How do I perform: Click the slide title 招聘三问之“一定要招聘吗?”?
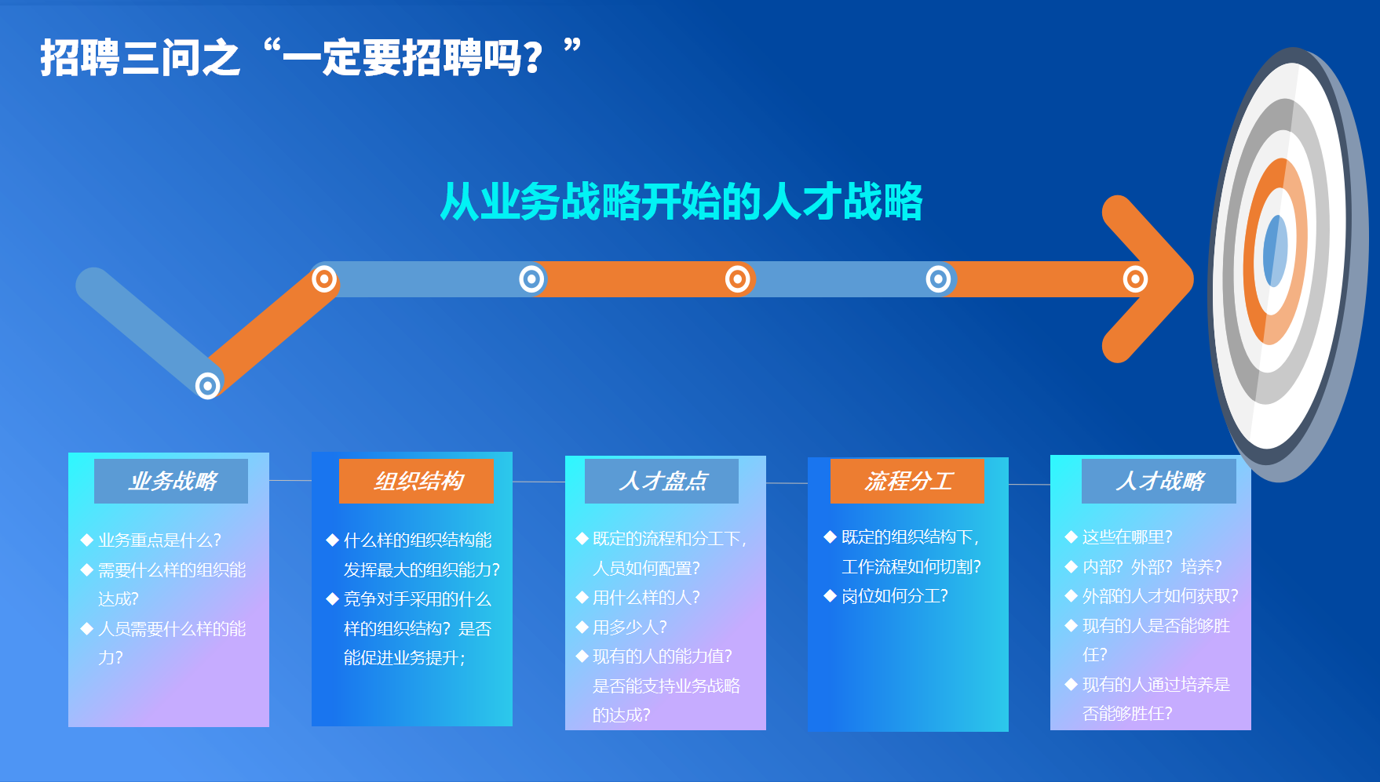[x=311, y=57]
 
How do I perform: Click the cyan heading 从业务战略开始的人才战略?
[x=681, y=202]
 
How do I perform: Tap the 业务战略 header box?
[x=171, y=481]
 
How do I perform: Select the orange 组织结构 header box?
[x=417, y=481]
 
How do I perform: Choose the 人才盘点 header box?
[x=662, y=481]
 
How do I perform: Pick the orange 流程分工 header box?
[x=907, y=481]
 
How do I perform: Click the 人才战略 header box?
[x=1159, y=481]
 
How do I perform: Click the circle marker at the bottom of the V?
[x=208, y=386]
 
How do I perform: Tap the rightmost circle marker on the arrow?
[x=1135, y=278]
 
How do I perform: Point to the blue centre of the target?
[x=1275, y=251]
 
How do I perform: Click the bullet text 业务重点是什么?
[x=159, y=540]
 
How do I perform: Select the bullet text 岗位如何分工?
[x=895, y=596]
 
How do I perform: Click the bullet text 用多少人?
[x=630, y=627]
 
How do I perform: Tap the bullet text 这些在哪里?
[x=1127, y=537]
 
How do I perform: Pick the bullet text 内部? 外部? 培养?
[x=1152, y=567]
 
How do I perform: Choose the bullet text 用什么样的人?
[x=646, y=598]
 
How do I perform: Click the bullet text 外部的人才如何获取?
[x=1160, y=596]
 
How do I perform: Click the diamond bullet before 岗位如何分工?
[x=830, y=596]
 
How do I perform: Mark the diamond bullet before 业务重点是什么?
[x=87, y=540]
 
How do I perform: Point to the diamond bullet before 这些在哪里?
[x=1071, y=536]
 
